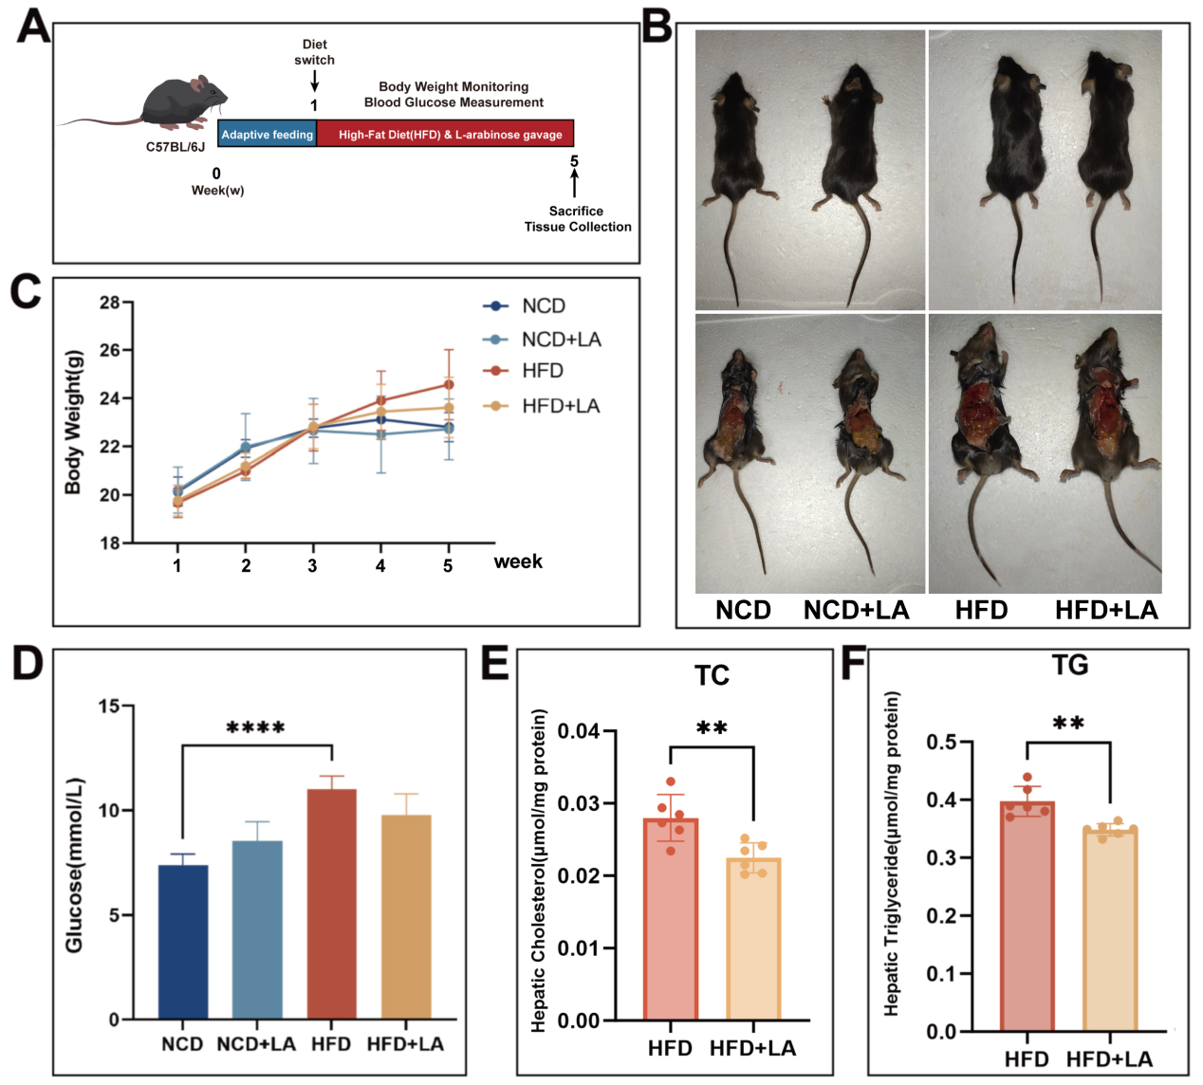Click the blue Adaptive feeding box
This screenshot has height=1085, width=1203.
click(x=267, y=135)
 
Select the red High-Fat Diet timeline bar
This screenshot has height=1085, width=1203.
click(x=446, y=135)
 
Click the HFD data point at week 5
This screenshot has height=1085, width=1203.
click(x=449, y=384)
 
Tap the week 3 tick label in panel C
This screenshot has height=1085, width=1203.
click(x=312, y=566)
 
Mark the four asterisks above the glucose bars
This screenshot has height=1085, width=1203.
click(x=256, y=728)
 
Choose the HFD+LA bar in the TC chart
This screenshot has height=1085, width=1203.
click(x=753, y=938)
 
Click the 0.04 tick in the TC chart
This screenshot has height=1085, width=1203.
click(x=579, y=731)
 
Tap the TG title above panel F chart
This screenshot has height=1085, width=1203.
click(x=1069, y=665)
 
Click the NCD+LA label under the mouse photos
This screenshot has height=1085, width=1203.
click(x=856, y=610)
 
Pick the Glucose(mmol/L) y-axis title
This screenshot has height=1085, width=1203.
click(x=74, y=864)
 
